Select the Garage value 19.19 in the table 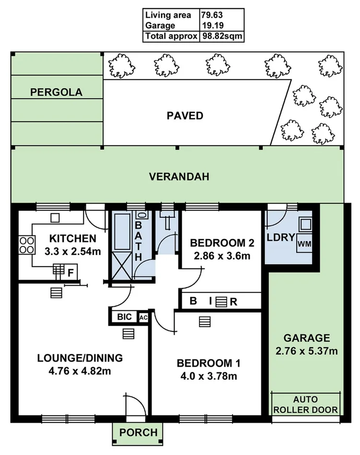(x=209, y=25)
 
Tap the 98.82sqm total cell (x=221, y=36)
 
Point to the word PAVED (x=185, y=116)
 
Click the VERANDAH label (x=179, y=176)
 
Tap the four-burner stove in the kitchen (x=27, y=245)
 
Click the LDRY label (x=280, y=238)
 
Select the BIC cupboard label (x=124, y=317)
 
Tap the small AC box (x=143, y=317)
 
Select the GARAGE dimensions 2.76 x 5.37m (x=306, y=351)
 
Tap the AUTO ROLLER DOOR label (x=306, y=405)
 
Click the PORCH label (x=138, y=432)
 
